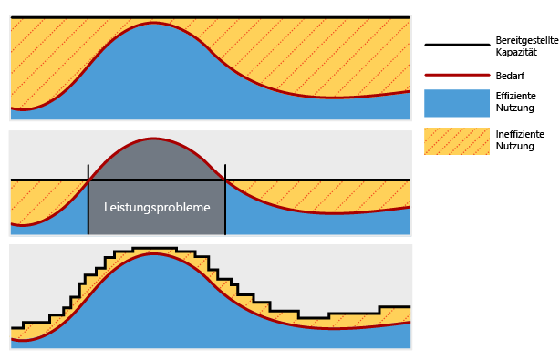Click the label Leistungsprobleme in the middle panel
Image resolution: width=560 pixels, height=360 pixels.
[x=157, y=207]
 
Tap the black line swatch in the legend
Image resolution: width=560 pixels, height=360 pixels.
[x=456, y=45]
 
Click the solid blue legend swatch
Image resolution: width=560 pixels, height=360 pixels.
[x=456, y=103]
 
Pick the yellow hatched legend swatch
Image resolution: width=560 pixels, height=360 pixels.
[x=456, y=140]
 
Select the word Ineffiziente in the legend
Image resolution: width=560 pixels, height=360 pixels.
[x=520, y=134]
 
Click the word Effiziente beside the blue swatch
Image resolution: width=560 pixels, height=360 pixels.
[x=516, y=96]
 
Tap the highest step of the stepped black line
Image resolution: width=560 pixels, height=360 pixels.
[x=153, y=248]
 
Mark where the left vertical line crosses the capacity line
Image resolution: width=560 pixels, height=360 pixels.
[x=88, y=180]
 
